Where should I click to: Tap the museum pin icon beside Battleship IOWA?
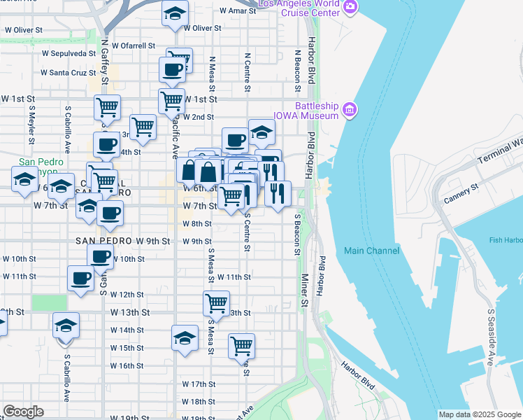coord(350,109)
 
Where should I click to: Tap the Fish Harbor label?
coord(506,241)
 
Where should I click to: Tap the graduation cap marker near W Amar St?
coord(175,13)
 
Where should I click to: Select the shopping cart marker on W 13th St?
coord(217,303)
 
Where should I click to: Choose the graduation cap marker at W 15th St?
coord(185,338)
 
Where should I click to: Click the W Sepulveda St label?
coord(69,52)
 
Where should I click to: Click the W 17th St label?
coord(199,384)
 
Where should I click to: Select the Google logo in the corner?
coord(23,412)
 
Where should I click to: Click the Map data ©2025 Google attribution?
coord(479,414)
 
